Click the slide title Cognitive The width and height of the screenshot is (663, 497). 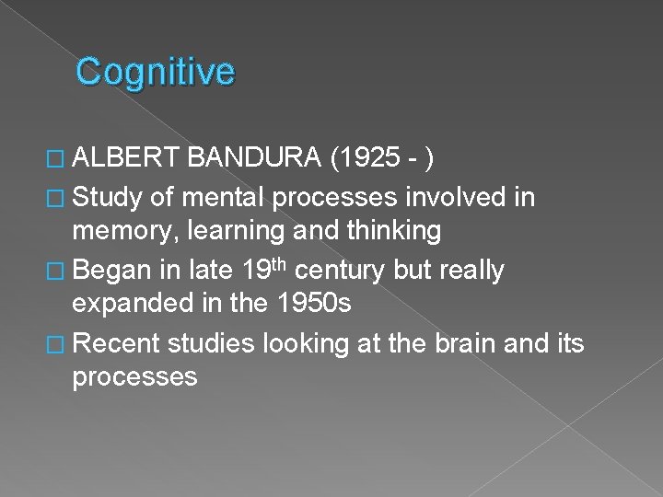tap(156, 72)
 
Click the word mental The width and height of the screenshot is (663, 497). tap(232, 195)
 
